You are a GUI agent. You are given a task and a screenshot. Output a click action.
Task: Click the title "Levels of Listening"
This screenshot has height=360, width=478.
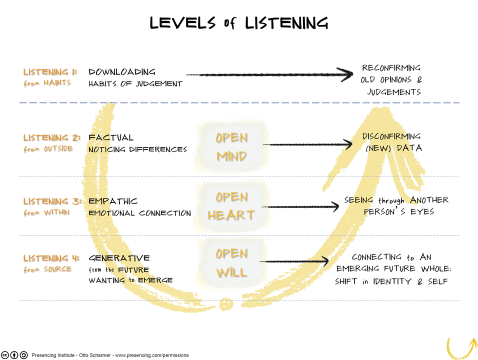point(239,22)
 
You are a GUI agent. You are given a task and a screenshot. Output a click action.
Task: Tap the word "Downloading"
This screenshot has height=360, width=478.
point(122,72)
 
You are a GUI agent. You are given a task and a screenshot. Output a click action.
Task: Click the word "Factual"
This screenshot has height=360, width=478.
point(111,137)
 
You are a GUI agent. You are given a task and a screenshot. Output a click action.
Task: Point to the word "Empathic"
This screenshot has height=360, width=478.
point(113,201)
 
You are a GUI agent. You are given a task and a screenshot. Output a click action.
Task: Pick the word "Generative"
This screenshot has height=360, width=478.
point(119,258)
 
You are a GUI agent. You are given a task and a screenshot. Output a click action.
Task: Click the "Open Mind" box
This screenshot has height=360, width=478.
point(231,146)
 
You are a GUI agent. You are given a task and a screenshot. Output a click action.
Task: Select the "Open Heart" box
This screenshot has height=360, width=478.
point(231,205)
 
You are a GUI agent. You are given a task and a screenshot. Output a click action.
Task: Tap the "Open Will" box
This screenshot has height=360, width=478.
point(231,262)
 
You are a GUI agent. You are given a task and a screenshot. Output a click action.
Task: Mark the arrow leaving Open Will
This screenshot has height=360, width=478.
point(294,261)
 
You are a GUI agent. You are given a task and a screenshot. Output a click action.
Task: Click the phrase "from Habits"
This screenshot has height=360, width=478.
point(47,83)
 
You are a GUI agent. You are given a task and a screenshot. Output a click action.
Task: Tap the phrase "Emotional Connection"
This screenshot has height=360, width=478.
point(139,213)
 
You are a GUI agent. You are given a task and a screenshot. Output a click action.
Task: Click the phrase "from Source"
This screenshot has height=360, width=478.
point(47,269)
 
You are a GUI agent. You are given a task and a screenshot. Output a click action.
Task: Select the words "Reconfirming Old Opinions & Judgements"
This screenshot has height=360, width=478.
point(391,80)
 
